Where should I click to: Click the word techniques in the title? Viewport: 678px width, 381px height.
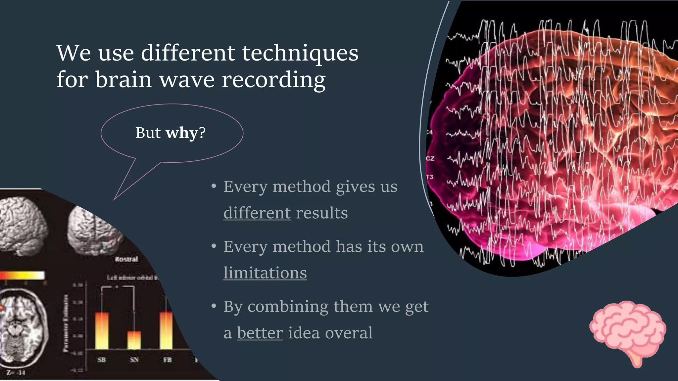(x=300, y=53)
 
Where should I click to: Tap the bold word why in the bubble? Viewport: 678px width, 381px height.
(x=182, y=133)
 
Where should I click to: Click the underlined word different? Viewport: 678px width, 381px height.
(x=257, y=213)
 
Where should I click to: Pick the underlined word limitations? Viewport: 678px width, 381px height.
(x=265, y=273)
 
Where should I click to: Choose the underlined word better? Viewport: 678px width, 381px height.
(x=260, y=333)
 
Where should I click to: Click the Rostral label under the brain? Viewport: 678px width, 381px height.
(x=126, y=259)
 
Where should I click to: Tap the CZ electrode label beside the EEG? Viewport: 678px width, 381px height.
(x=430, y=159)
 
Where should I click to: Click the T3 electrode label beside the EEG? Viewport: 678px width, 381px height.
(x=429, y=177)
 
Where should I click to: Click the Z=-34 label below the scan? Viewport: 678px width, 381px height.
(x=16, y=373)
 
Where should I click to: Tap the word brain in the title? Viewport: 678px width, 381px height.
(x=123, y=80)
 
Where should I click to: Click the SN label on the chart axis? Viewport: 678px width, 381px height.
(x=134, y=360)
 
